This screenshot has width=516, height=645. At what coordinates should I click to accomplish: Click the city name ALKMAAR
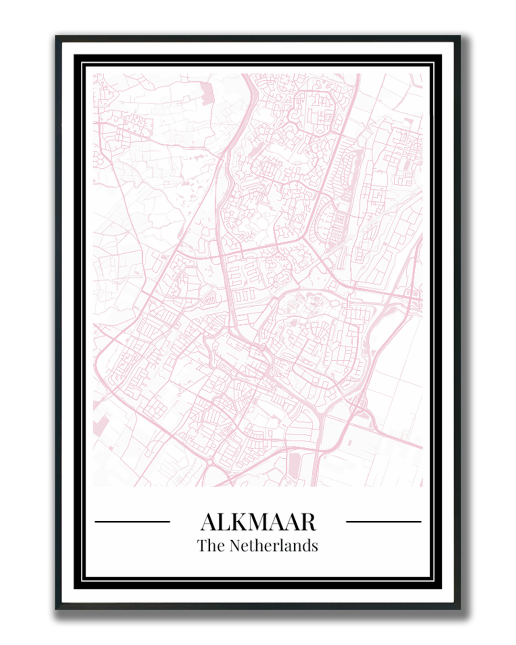[x=258, y=522]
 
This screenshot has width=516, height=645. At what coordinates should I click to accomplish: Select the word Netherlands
[x=274, y=545]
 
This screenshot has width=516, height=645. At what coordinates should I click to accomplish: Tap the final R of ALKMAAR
[x=308, y=522]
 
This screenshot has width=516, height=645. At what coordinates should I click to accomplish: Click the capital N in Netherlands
[x=236, y=545]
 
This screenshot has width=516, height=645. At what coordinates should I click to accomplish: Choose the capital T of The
[x=202, y=545]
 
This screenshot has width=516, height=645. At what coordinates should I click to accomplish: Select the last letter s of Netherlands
[x=315, y=546]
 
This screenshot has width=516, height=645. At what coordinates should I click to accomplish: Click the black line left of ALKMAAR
[x=132, y=522]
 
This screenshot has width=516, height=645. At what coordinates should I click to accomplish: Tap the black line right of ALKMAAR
[x=383, y=522]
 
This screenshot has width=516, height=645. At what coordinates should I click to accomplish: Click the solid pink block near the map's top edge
[x=208, y=94]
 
